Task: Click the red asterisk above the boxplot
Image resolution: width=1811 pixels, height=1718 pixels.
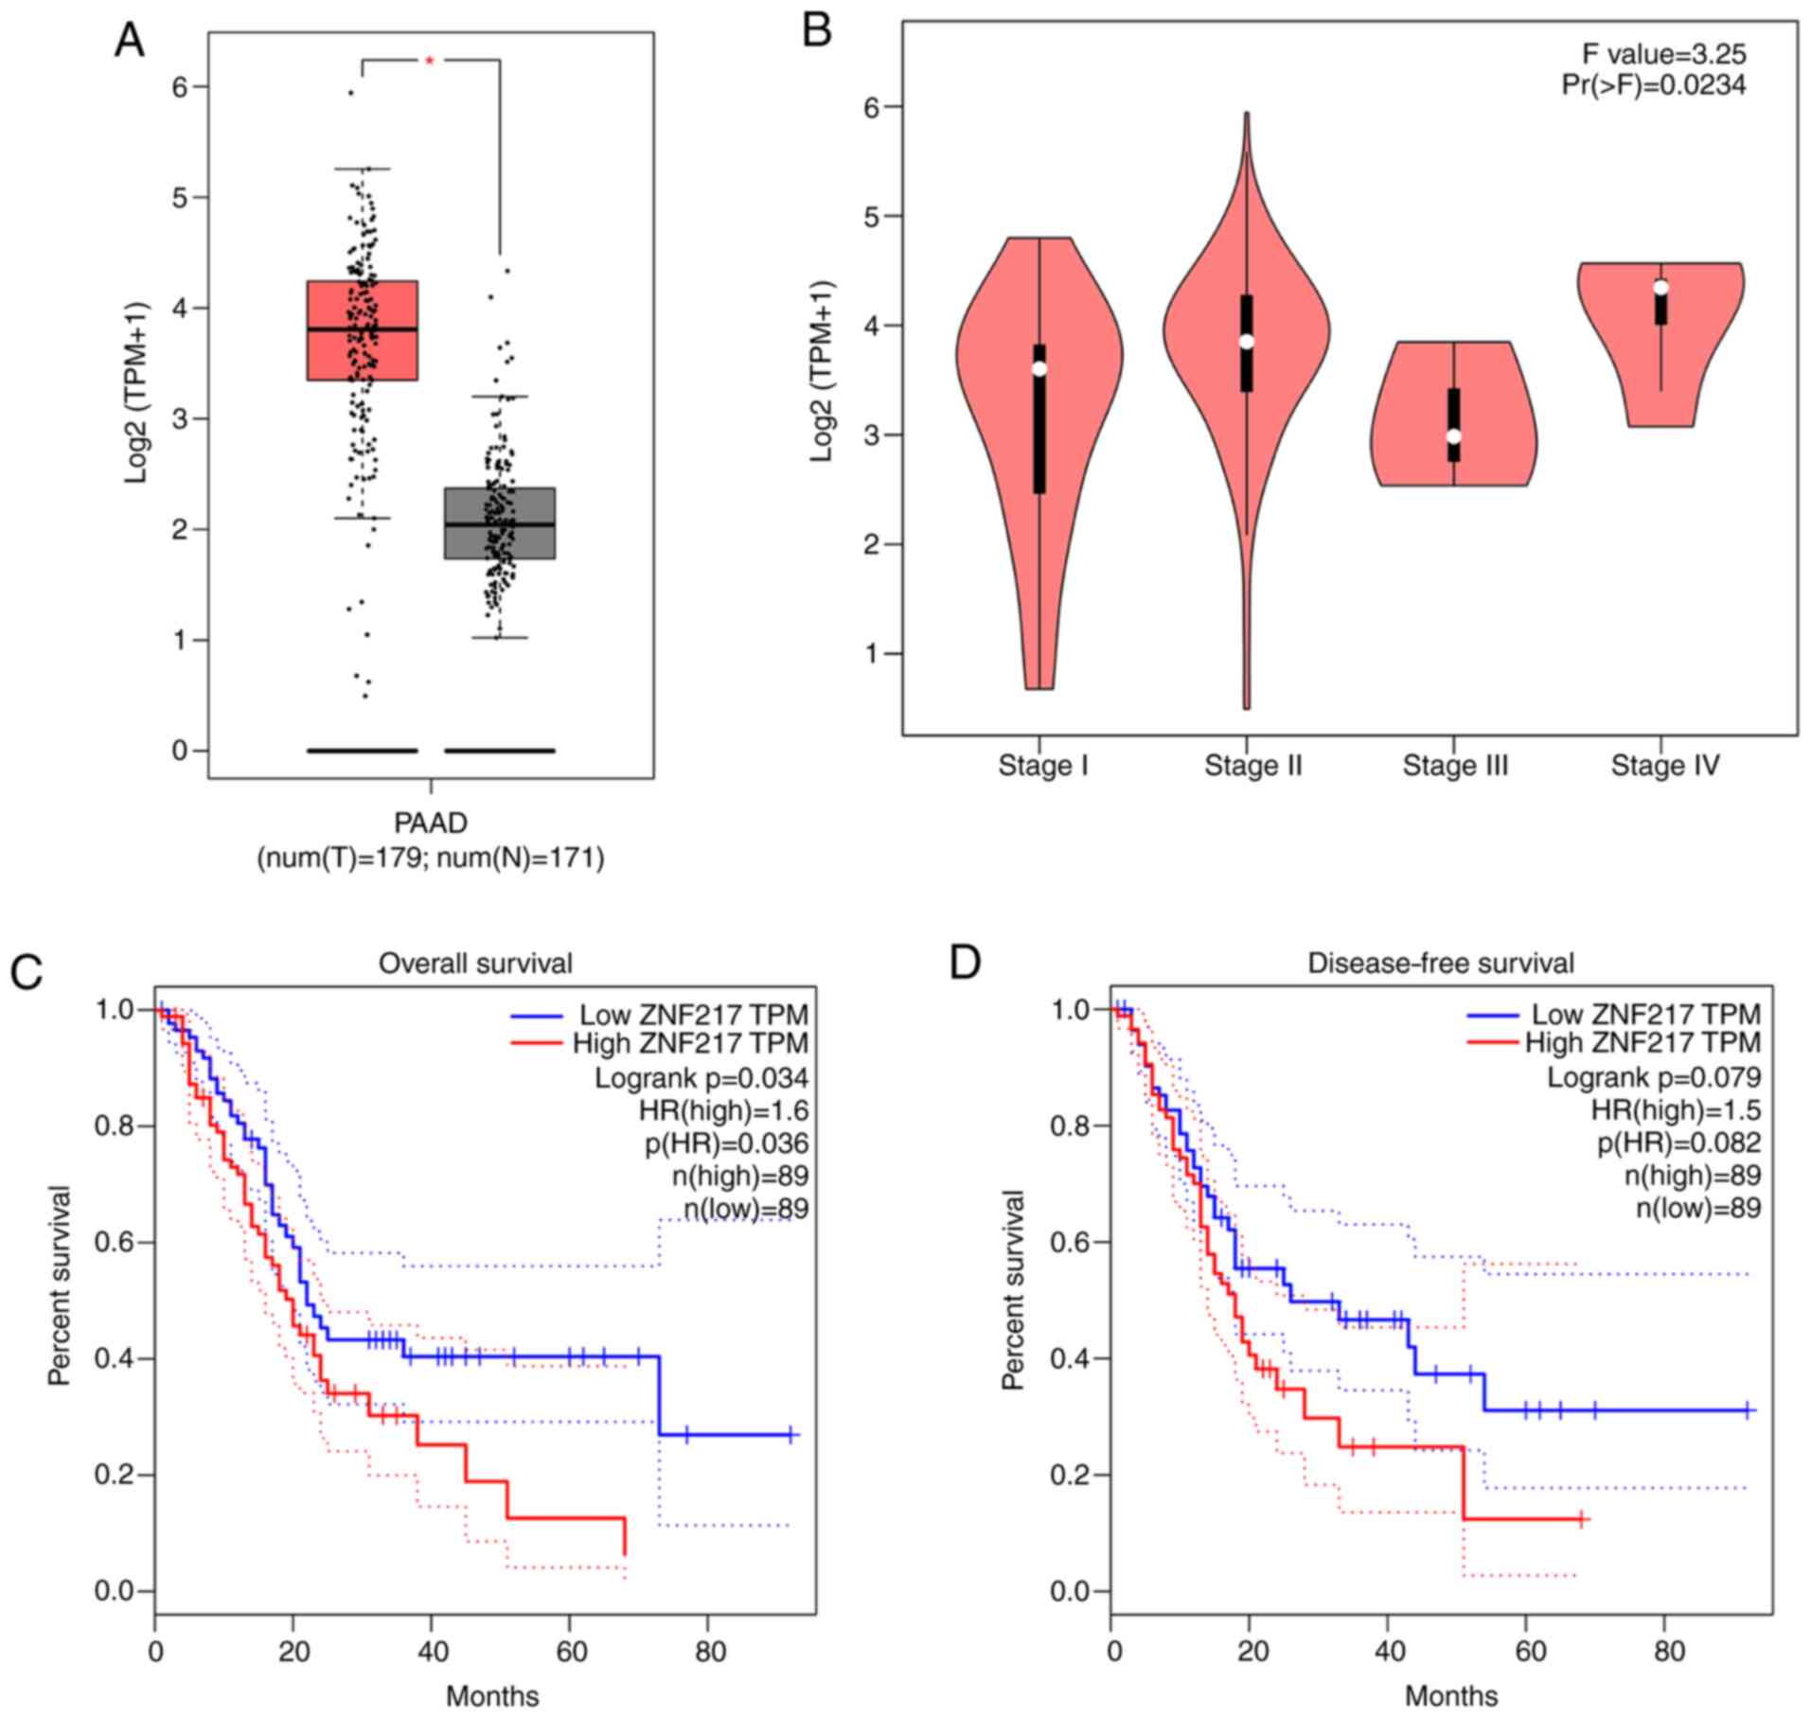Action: (x=430, y=61)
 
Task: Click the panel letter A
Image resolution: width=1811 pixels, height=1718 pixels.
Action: (x=129, y=41)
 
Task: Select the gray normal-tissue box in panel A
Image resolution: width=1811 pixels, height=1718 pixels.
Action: (x=499, y=523)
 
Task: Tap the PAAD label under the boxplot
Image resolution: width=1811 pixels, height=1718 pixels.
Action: (x=431, y=823)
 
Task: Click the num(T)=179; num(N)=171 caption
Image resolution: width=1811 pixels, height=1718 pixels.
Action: (x=431, y=859)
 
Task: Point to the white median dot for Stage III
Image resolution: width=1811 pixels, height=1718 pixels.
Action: (x=1453, y=436)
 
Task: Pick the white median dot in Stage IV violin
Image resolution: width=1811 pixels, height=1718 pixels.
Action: (x=1660, y=288)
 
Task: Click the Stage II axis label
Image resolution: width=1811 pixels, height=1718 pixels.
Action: (x=1252, y=765)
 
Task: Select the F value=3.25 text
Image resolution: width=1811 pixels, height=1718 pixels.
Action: (x=1663, y=53)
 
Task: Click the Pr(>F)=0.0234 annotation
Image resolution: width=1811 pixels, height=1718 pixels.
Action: (x=1653, y=85)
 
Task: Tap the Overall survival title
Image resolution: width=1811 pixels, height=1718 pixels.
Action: (x=475, y=964)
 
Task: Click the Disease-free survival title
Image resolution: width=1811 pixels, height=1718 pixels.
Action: (x=1441, y=964)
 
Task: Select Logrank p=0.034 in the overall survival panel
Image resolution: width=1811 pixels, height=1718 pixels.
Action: (x=701, y=1078)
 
